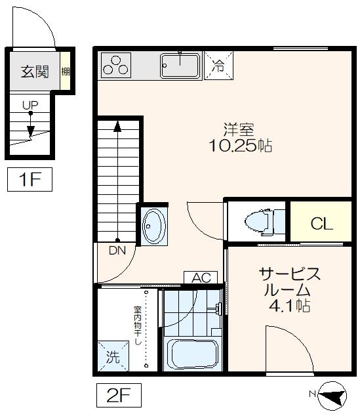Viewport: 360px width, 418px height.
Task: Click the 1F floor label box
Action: point(30,179)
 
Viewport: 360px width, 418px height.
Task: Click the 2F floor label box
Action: point(119,395)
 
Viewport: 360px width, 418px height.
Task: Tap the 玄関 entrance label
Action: point(34,72)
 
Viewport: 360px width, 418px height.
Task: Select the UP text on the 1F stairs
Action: point(30,104)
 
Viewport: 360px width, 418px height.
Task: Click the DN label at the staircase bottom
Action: point(117,250)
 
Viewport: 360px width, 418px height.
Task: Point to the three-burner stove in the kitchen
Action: point(115,65)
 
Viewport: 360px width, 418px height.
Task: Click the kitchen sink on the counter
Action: point(180,65)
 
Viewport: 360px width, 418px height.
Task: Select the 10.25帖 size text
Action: point(240,146)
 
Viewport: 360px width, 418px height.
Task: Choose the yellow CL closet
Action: point(321,223)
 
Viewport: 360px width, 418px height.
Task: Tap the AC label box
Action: point(201,278)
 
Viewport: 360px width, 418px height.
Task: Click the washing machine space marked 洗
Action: point(113,358)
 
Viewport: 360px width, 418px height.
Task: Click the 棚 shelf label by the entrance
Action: point(66,72)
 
